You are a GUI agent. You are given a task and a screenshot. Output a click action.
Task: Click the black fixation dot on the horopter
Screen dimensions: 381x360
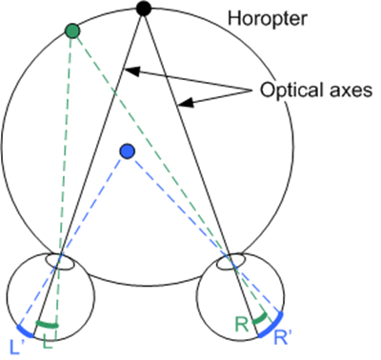[x=144, y=9]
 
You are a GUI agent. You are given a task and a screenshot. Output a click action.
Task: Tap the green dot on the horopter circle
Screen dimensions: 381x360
[x=72, y=31]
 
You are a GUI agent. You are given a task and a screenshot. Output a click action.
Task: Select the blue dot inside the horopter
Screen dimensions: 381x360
[x=128, y=151]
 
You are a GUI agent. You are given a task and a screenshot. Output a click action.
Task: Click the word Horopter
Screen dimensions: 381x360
[x=268, y=19]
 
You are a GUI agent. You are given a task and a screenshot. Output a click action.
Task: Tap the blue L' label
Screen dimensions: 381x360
[x=15, y=348]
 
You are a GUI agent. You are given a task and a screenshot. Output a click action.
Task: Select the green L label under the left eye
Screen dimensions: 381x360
[x=48, y=343]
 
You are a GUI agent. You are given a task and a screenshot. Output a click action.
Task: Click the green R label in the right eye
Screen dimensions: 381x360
[x=241, y=325]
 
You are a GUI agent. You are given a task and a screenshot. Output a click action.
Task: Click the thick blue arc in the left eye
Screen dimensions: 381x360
[x=25, y=331]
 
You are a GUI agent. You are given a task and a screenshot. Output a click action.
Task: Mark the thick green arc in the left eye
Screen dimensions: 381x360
[x=47, y=325]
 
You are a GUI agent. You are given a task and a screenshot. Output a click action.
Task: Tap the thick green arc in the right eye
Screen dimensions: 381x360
[x=260, y=319]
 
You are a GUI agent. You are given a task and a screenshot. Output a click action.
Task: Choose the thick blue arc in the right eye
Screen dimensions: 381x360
[x=271, y=326]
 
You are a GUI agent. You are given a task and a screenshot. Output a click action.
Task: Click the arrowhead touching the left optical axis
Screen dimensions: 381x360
[x=131, y=71]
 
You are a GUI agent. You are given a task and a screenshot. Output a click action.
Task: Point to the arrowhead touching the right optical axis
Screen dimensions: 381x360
[x=186, y=103]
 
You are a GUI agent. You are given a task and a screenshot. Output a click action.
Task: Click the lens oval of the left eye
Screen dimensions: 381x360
[x=60, y=262]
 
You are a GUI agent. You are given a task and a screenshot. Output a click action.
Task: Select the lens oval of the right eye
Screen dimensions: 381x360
[x=231, y=262]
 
